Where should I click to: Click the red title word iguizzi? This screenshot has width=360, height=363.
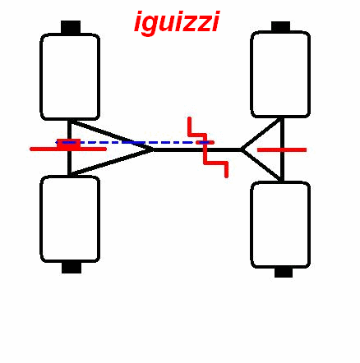pos(177,22)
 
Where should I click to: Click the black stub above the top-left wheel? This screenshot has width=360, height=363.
pos(71,27)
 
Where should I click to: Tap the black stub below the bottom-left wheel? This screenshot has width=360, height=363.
pos(72,268)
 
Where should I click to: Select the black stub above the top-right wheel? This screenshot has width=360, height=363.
pos(281,26)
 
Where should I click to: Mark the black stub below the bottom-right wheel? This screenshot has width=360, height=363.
pos(284,273)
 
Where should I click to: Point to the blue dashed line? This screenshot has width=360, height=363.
pos(134,143)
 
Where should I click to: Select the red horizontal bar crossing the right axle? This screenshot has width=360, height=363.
pos(282,149)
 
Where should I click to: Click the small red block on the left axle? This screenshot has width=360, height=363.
pos(69,144)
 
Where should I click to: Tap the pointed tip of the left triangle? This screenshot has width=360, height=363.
pos(154,149)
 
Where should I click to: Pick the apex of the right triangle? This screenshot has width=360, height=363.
pos(242,149)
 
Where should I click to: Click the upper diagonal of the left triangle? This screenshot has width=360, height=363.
pos(111,135)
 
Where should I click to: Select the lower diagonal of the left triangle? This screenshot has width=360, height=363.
pos(111,162)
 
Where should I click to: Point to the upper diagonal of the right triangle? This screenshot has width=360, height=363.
pos(261,134)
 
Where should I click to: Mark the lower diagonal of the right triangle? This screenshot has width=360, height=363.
pos(261,165)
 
